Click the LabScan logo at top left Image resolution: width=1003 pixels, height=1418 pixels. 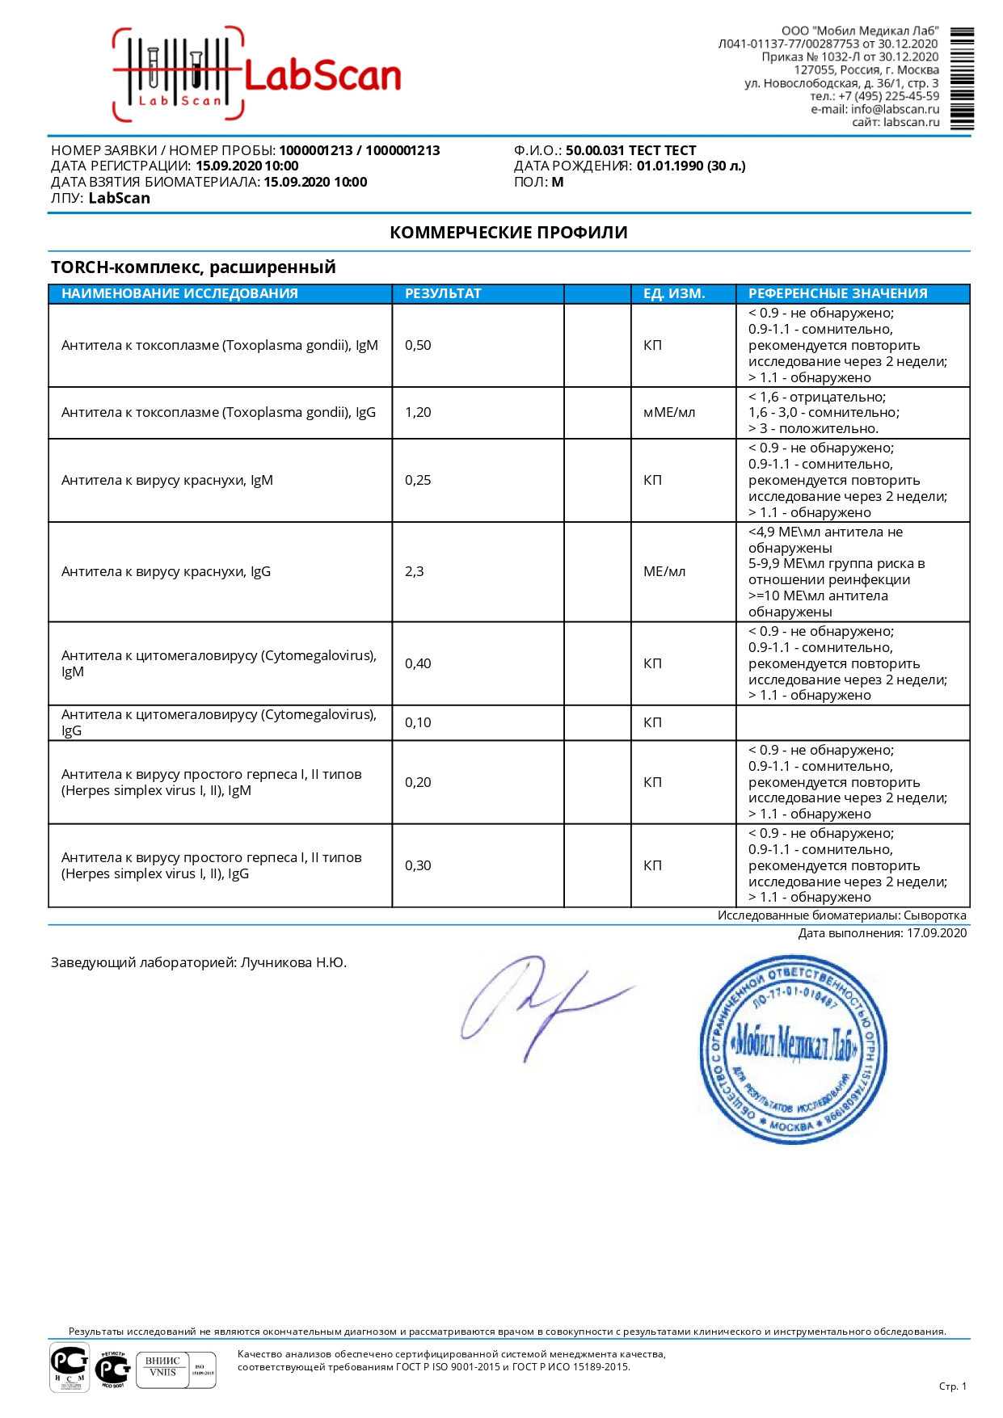(257, 75)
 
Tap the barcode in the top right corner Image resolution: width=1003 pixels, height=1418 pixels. (962, 79)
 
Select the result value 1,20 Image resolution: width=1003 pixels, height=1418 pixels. (418, 413)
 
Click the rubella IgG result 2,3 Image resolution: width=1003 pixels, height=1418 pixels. (414, 572)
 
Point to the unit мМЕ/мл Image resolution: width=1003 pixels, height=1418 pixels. (668, 413)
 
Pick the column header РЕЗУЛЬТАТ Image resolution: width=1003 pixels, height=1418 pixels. (443, 294)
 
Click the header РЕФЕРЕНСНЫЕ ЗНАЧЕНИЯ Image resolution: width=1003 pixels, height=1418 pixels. (837, 294)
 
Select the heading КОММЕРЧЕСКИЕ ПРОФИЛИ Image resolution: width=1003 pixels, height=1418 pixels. (508, 233)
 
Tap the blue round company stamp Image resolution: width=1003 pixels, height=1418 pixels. (793, 1050)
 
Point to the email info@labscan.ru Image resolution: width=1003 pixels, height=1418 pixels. (895, 110)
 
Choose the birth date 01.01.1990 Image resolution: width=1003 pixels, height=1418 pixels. (670, 166)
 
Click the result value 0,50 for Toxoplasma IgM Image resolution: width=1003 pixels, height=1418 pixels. (418, 346)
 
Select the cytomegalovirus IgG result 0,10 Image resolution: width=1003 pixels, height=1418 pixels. (418, 723)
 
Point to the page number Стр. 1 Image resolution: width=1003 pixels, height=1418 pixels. (952, 1386)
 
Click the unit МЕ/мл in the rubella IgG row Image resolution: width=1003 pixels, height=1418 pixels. (664, 572)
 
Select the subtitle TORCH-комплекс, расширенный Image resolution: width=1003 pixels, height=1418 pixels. (193, 267)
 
